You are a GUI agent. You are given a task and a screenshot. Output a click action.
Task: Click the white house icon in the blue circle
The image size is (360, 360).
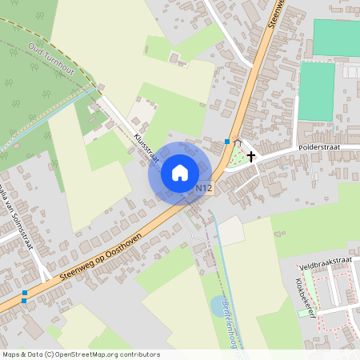tap(180, 172)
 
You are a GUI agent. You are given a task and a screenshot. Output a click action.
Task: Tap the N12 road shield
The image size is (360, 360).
tap(204, 189)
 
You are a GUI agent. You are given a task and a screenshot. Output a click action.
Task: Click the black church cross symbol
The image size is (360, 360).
tap(251, 156)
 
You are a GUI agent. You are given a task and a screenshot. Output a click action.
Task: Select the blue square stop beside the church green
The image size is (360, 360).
tap(228, 142)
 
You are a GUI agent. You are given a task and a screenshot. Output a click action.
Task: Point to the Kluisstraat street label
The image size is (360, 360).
tap(147, 148)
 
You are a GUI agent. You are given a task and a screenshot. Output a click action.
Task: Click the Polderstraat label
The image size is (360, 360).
tap(319, 148)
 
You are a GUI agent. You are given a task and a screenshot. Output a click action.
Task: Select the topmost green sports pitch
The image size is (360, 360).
tap(336, 38)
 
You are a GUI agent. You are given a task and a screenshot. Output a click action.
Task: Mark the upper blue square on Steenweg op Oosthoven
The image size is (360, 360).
tap(25, 294)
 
